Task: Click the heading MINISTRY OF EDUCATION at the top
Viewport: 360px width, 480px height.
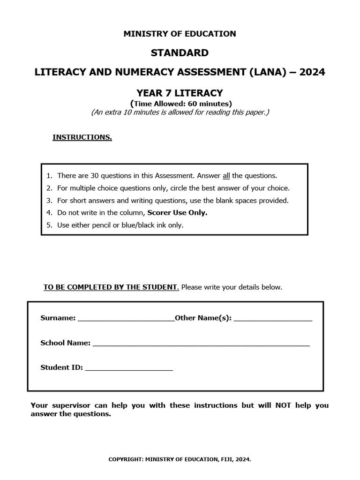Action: [x=180, y=34]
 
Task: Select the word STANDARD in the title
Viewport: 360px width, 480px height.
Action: [x=180, y=52]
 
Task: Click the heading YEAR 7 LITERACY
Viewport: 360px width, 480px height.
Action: [x=180, y=93]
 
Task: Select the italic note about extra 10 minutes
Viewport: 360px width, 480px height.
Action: [x=180, y=112]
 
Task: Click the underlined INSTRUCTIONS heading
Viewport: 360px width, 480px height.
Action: [x=82, y=137]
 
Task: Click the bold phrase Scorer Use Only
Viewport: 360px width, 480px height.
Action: [x=177, y=213]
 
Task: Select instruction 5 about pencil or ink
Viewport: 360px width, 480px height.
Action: [x=120, y=225]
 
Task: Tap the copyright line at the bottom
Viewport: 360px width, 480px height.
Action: [x=180, y=460]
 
